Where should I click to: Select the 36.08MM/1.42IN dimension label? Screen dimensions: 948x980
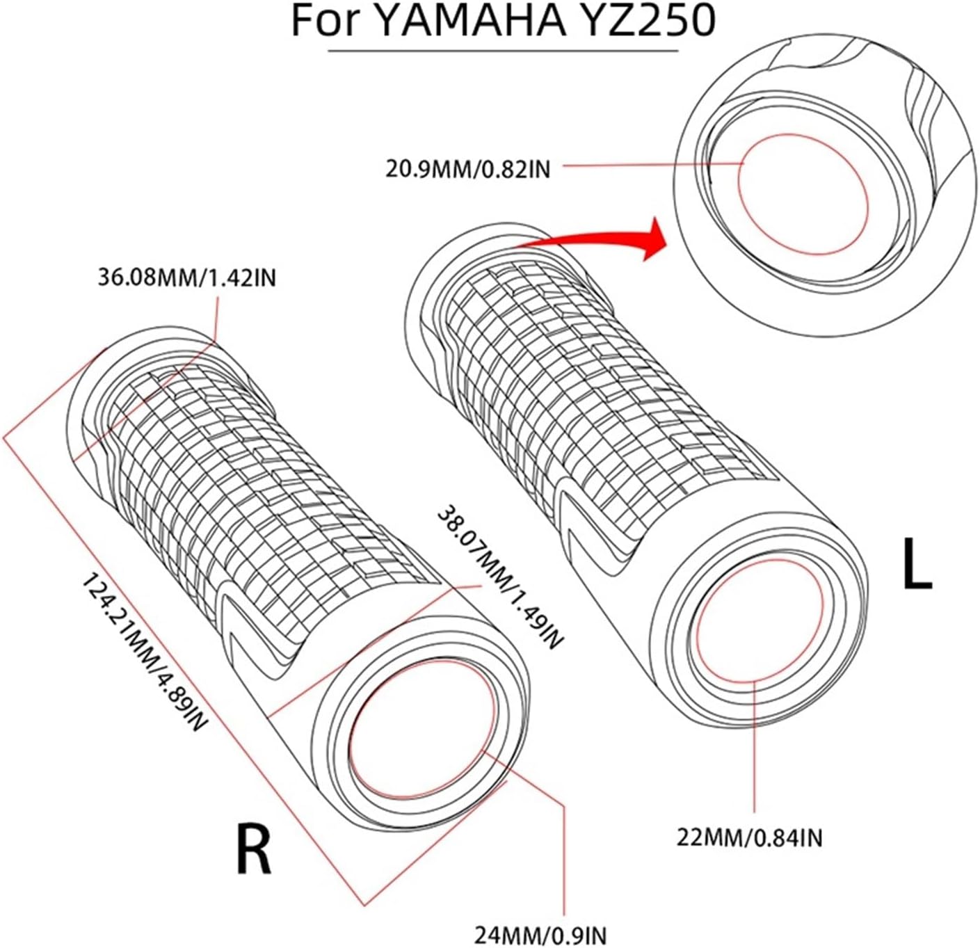(186, 278)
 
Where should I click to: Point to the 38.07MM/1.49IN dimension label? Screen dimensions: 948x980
(498, 577)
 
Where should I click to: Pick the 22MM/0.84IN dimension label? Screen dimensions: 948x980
(750, 837)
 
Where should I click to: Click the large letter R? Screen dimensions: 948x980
(253, 849)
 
